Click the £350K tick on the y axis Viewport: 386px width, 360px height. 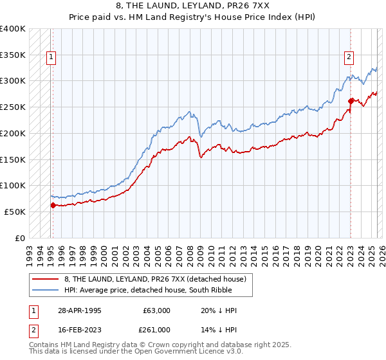(x=13, y=55)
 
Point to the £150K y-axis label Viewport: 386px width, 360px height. (x=13, y=159)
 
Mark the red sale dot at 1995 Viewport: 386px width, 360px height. (x=53, y=205)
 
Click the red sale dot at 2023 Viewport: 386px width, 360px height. (x=351, y=101)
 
